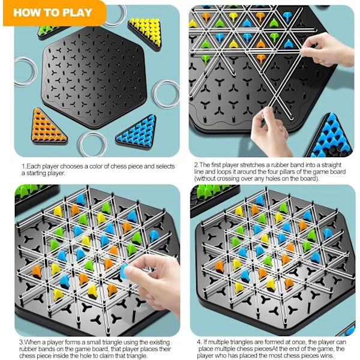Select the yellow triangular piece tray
[x=145, y=33]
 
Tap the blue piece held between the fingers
[x=125, y=271]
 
